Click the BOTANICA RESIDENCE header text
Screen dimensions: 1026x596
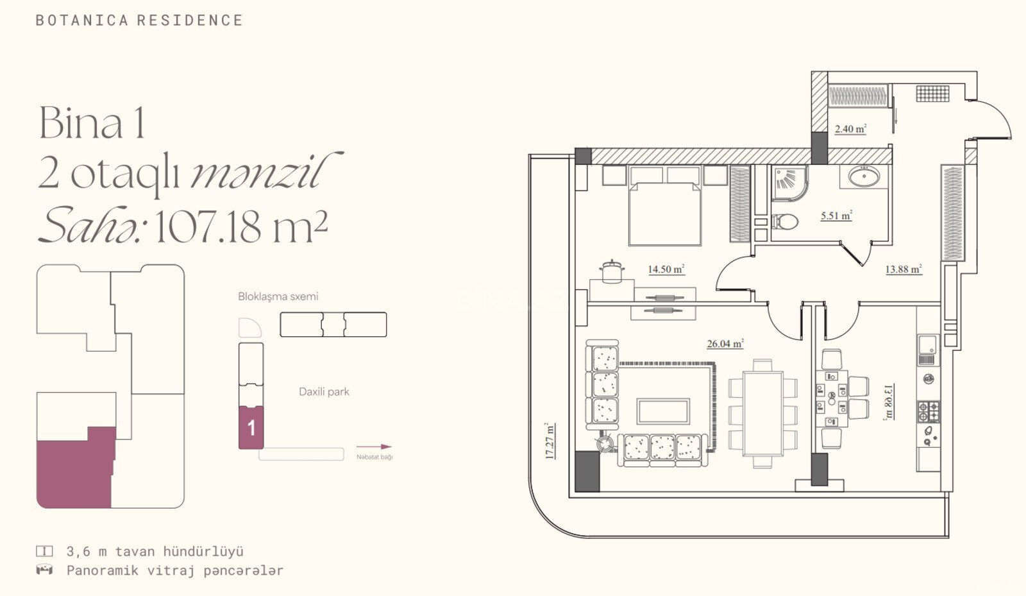coord(139,21)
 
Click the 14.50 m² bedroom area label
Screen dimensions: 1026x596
coord(666,269)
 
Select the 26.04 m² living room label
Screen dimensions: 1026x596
coord(725,344)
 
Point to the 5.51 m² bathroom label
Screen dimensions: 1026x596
coord(836,216)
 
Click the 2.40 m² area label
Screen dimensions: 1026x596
coord(850,129)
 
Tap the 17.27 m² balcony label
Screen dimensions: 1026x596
coord(550,441)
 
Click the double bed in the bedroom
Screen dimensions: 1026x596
coord(665,206)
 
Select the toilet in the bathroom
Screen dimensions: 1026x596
coord(785,222)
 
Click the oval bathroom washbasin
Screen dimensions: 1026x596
coord(864,177)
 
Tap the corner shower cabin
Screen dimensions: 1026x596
coord(789,183)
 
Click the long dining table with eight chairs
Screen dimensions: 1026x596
coord(763,413)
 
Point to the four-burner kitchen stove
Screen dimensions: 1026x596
coord(928,411)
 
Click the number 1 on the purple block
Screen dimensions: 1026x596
coord(251,429)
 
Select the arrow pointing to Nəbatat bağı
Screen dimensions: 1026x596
coord(374,447)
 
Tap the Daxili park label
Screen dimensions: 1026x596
coord(324,392)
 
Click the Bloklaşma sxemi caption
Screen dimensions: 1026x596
coord(278,296)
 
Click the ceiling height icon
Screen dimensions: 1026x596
coord(44,551)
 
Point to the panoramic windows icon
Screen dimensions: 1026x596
coord(44,570)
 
